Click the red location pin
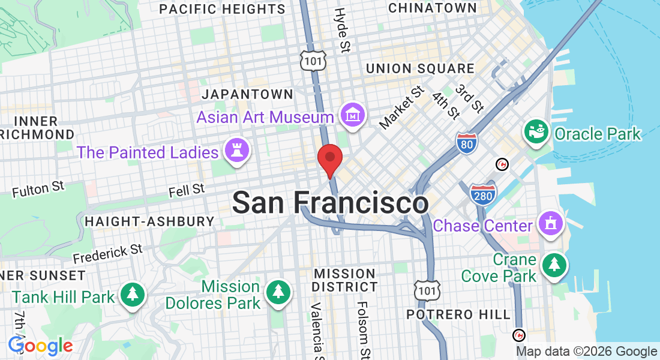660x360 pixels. pyautogui.click(x=329, y=158)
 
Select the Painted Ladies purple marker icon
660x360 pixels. pyautogui.click(x=236, y=152)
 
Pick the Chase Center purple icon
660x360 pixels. pyautogui.click(x=550, y=224)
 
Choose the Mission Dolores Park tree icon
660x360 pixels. pyautogui.click(x=278, y=293)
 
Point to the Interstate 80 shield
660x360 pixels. pyautogui.click(x=466, y=143)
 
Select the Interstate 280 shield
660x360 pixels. pyautogui.click(x=483, y=194)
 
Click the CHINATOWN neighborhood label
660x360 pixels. pyautogui.click(x=432, y=8)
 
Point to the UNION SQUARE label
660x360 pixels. pyautogui.click(x=420, y=68)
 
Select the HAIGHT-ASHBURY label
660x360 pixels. pyautogui.click(x=149, y=221)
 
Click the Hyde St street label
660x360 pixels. pyautogui.click(x=342, y=29)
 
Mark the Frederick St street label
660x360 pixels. pyautogui.click(x=108, y=254)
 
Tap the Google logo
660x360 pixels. pyautogui.click(x=40, y=346)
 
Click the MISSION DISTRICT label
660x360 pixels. pyautogui.click(x=344, y=280)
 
